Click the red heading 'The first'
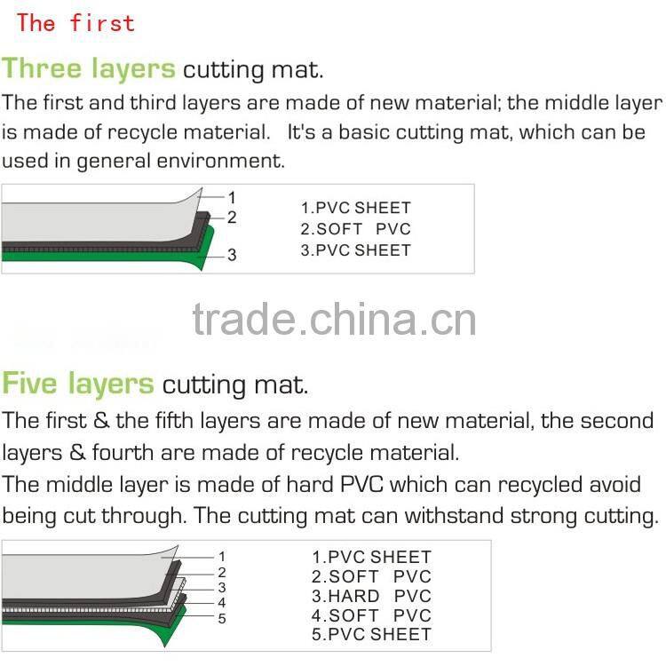tap(75, 23)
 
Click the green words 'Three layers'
tap(89, 69)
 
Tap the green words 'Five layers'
tap(78, 384)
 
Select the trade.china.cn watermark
tap(334, 321)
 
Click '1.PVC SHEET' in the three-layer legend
tap(355, 208)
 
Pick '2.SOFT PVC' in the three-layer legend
tap(355, 229)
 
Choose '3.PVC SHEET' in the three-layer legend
tap(355, 250)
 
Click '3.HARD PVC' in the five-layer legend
tap(371, 596)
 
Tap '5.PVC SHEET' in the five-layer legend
tap(371, 635)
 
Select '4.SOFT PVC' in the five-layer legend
tap(371, 615)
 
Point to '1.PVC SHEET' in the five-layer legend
tap(371, 558)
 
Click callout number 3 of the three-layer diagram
tap(232, 255)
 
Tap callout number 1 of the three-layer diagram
tap(232, 197)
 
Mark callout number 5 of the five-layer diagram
tap(222, 618)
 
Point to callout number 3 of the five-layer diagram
tap(222, 587)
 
